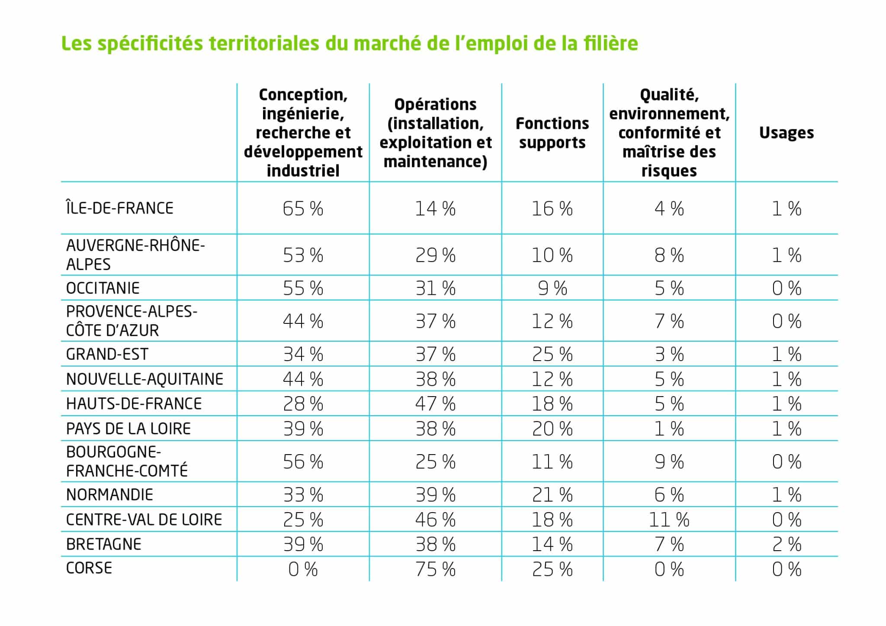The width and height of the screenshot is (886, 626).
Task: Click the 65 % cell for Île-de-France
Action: (303, 209)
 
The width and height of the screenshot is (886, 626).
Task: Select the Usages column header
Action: (786, 133)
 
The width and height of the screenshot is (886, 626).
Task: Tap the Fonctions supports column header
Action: (552, 133)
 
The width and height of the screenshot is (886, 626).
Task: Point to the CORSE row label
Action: (89, 568)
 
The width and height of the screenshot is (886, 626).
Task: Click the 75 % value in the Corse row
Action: (435, 569)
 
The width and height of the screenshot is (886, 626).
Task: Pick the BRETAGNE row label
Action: (104, 544)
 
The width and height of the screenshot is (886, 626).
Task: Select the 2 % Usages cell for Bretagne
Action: (786, 545)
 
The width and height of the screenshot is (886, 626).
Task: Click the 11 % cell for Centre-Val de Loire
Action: (669, 520)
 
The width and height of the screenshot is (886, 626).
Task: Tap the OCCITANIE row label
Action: (103, 288)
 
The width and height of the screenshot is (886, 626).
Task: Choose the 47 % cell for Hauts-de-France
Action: (435, 404)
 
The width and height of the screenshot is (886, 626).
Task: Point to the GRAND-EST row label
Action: (107, 354)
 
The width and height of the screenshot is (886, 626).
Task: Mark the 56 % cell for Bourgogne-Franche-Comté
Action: (303, 462)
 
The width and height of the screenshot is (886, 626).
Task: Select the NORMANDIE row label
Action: (109, 494)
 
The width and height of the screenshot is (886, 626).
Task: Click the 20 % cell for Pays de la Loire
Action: (552, 429)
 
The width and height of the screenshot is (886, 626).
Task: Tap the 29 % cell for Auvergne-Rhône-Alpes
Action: (435, 255)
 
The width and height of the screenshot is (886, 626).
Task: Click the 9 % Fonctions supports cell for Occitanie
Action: (552, 288)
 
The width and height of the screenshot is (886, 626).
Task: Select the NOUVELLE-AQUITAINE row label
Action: (144, 379)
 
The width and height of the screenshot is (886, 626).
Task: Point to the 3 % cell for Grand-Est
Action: (669, 355)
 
